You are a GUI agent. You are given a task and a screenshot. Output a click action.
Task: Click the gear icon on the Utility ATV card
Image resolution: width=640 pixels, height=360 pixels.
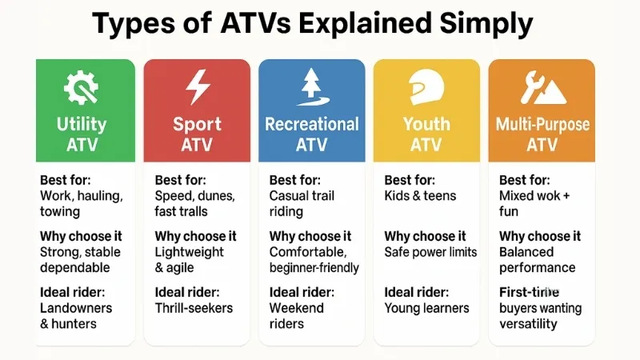[82, 86]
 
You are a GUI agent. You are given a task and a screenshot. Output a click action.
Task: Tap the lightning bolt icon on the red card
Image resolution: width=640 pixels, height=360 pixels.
[197, 87]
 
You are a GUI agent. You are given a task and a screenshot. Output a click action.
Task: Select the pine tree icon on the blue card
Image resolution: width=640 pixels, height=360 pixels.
[311, 87]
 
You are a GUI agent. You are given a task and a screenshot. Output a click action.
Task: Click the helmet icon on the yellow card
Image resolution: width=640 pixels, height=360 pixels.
[426, 87]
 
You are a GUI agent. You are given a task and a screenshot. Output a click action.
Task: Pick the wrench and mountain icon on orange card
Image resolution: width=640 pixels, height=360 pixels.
[542, 87]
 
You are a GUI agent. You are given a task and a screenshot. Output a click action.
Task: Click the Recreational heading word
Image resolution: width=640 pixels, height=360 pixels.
[311, 124]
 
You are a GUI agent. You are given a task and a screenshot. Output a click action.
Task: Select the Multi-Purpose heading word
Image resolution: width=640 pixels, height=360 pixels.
[542, 125]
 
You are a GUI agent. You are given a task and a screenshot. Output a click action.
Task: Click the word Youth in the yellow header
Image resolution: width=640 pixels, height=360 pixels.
[426, 124]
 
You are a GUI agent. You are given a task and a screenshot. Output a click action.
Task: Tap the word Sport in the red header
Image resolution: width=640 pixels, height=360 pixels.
[197, 125]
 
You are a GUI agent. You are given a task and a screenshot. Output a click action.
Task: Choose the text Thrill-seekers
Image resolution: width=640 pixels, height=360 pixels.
[194, 308]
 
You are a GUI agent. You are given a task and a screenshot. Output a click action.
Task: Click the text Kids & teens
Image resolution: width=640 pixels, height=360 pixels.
[420, 195]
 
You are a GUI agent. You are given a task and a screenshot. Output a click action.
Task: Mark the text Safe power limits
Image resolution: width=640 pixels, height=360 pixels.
[430, 252]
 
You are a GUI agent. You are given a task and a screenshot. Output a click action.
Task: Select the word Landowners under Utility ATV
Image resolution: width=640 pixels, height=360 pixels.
[75, 308]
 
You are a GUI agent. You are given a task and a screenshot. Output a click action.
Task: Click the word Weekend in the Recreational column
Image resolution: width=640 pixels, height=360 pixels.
[297, 308]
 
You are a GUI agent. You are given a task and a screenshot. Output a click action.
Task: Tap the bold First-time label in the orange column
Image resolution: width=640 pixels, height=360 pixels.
[527, 293]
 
